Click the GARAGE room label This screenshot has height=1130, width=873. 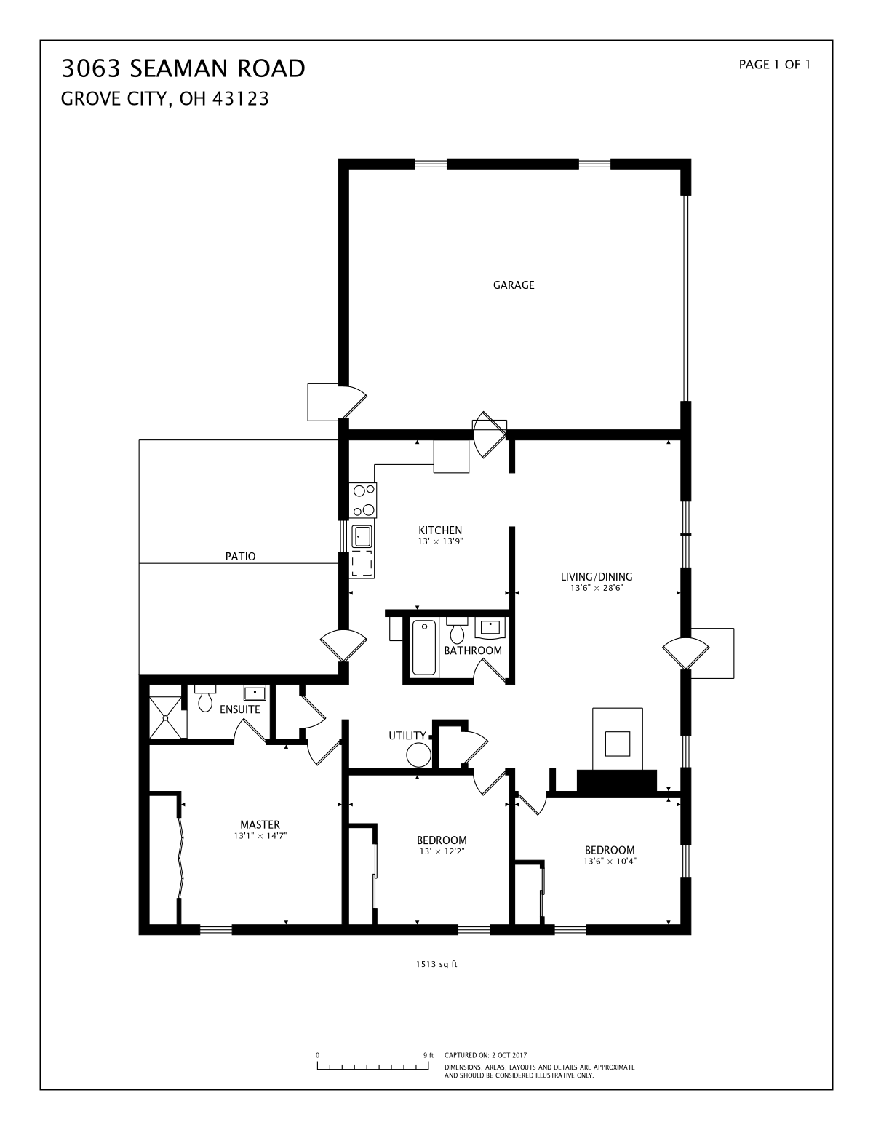[513, 285]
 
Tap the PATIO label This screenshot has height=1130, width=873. [240, 557]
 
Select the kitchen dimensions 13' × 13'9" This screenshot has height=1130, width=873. [440, 541]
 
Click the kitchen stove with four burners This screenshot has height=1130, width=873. [364, 500]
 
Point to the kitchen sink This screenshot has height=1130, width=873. [362, 536]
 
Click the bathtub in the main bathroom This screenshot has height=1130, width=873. [423, 648]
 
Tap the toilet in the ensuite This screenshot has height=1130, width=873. [205, 698]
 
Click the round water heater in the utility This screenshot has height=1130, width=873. [418, 755]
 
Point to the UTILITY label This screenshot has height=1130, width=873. [407, 736]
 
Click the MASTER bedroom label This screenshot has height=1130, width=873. [260, 824]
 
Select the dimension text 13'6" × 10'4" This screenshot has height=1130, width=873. [610, 861]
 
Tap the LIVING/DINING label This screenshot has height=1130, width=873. [597, 577]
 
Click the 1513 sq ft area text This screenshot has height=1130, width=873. [436, 964]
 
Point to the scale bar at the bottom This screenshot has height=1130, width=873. [372, 1065]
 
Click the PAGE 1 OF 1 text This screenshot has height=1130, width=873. [774, 65]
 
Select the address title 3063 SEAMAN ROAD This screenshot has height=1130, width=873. [183, 68]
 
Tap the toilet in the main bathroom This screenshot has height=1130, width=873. [457, 630]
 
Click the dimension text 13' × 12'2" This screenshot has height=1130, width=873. [442, 851]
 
